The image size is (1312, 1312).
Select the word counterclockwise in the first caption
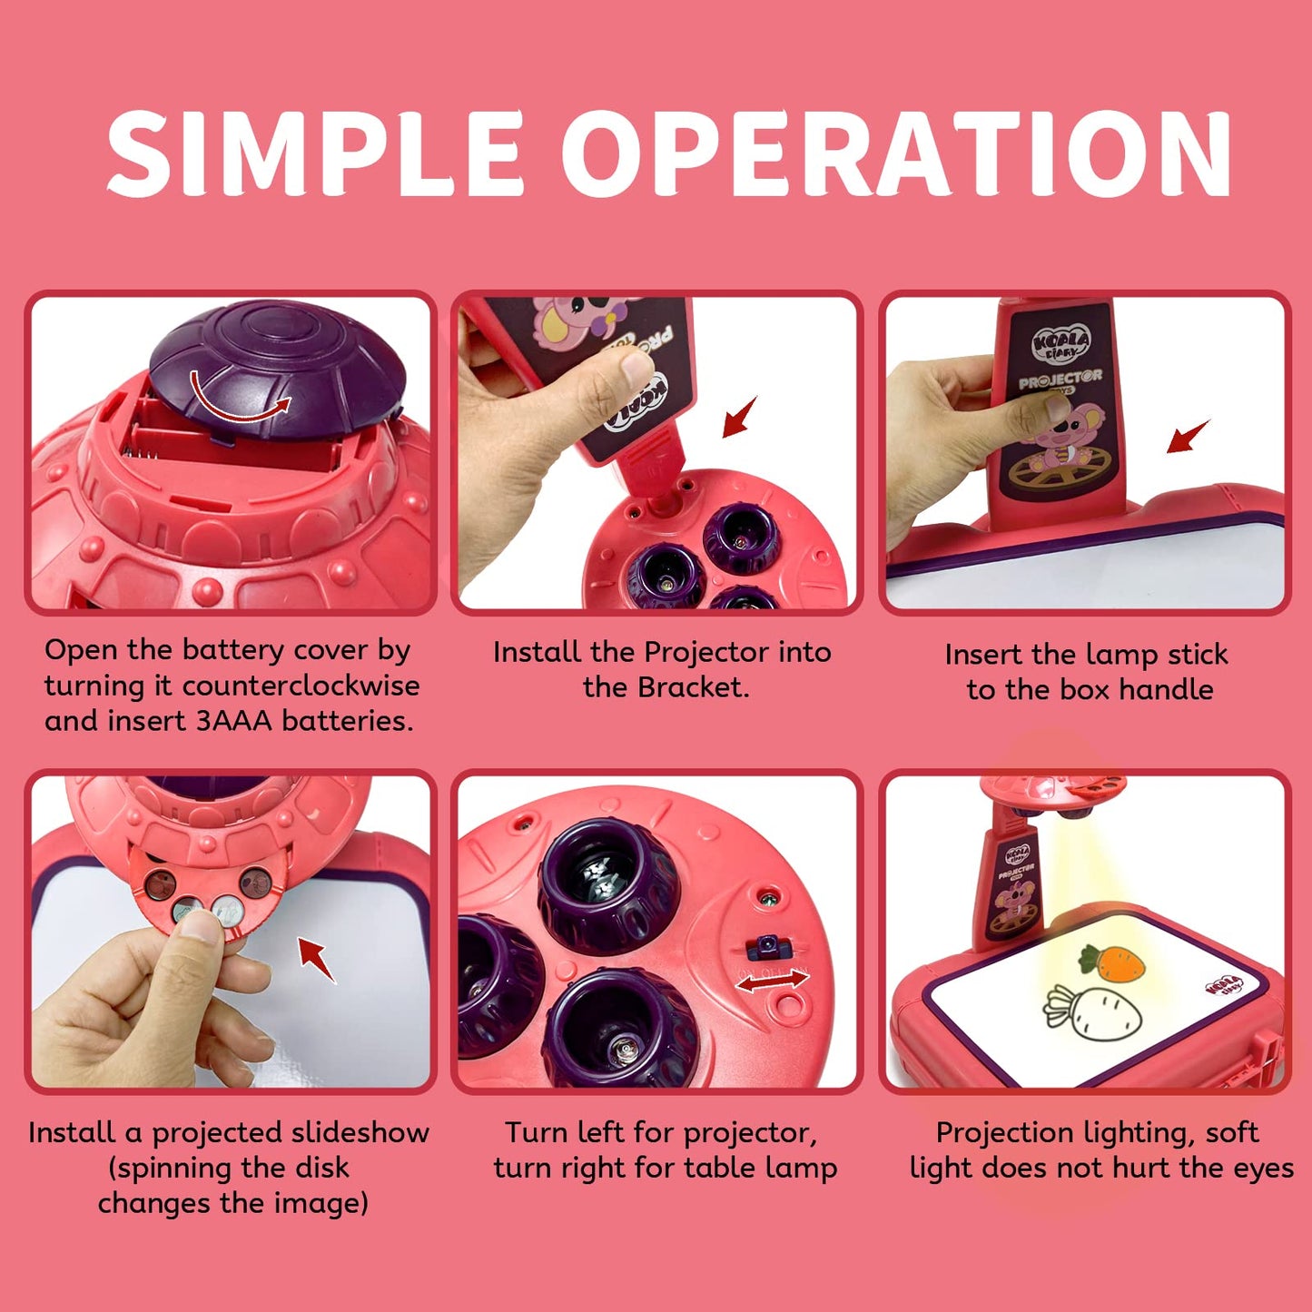click(301, 686)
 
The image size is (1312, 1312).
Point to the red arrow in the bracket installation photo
click(739, 417)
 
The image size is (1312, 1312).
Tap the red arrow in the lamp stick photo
click(1189, 436)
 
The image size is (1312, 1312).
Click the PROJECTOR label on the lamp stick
click(1060, 380)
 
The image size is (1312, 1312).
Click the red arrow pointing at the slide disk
click(317, 960)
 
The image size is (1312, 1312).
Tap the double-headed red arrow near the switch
click(772, 982)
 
